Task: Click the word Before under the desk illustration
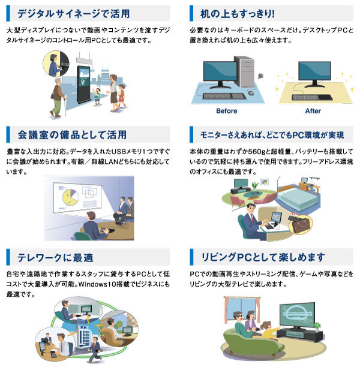point(227,111)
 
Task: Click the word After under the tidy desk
point(313,111)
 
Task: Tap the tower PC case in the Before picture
point(245,71)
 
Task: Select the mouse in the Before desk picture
point(250,93)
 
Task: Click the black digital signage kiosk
point(84,85)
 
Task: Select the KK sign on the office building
point(83,327)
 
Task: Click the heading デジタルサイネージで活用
point(73,13)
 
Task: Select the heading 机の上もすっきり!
point(237,13)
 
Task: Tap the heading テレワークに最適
point(55,257)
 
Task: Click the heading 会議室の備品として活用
point(72,135)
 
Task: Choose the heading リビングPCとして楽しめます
point(263,257)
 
